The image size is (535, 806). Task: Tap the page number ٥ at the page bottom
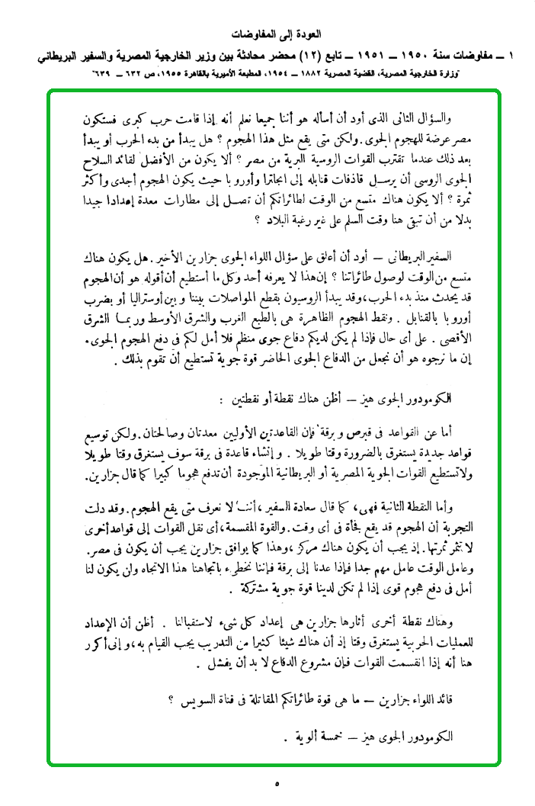277,782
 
